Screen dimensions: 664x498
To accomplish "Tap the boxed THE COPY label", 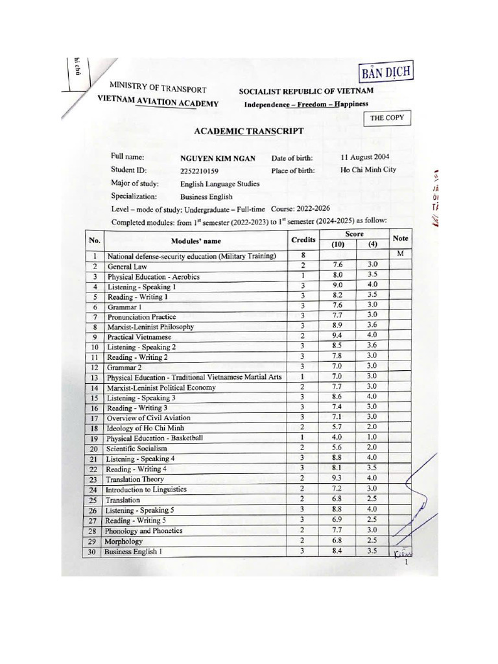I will click(x=386, y=118).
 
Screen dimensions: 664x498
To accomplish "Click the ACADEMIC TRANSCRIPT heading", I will click(x=249, y=130).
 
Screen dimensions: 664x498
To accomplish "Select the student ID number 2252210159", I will click(x=199, y=171).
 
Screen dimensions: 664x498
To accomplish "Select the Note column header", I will click(x=400, y=239).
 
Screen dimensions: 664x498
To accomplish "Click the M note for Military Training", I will click(x=400, y=254).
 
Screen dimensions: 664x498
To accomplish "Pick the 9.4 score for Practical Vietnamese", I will click(x=337, y=336).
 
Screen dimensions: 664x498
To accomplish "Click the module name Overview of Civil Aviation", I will click(x=148, y=418).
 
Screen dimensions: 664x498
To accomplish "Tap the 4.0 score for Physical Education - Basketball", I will click(x=337, y=438).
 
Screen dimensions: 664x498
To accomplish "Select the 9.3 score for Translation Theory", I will click(x=337, y=479).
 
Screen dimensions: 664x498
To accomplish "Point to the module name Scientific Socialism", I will click(x=137, y=448).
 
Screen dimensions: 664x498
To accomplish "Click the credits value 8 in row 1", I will click(x=303, y=255).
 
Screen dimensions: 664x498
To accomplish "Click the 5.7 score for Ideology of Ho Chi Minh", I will click(x=337, y=428).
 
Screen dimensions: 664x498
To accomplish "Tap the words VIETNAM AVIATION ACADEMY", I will click(x=158, y=102).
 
